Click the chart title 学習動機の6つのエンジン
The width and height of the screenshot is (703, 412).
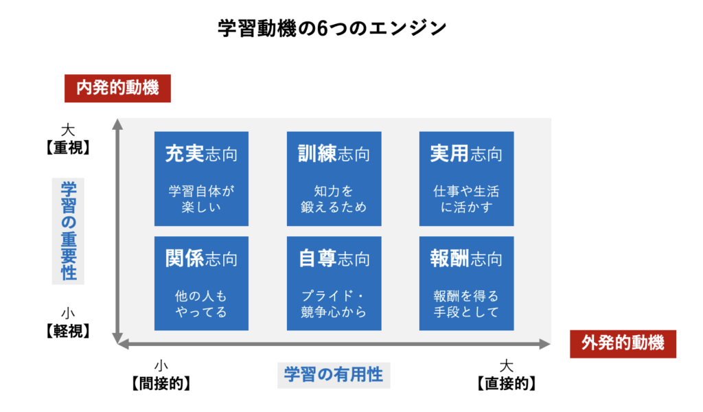coord(332,28)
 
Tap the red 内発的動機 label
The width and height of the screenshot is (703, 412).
coord(117,88)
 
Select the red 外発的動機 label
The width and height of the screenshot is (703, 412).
coord(623,343)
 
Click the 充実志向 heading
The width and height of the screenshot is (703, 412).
coord(201,154)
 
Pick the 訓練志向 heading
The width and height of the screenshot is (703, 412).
coord(334,154)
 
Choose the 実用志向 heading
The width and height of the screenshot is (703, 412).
coord(466,154)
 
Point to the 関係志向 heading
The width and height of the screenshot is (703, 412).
coord(201,259)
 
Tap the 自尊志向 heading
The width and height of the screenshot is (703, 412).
coord(334,259)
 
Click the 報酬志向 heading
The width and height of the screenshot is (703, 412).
coord(466,259)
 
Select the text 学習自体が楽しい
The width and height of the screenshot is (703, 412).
coord(201,199)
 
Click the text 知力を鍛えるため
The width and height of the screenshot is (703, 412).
coord(334,199)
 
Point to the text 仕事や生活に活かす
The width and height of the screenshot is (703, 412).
coord(466,199)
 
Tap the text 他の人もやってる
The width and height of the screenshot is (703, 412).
coord(201,304)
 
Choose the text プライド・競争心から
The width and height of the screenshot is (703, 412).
coord(334,304)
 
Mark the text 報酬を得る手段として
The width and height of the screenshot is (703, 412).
coord(466,304)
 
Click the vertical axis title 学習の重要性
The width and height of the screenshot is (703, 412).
coord(68,231)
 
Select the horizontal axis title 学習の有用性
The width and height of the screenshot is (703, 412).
coord(334,375)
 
